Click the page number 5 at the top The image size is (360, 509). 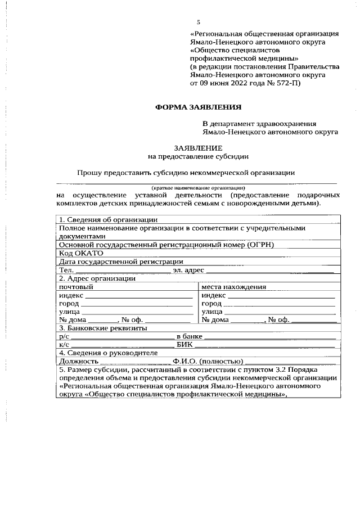[198, 22]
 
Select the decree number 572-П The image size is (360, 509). [287, 83]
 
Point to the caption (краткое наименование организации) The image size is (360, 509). [197, 187]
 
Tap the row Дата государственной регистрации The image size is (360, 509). [121, 262]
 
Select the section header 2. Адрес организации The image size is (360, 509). [97, 278]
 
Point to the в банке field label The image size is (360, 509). [189, 336]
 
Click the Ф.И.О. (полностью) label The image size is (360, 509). [208, 361]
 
